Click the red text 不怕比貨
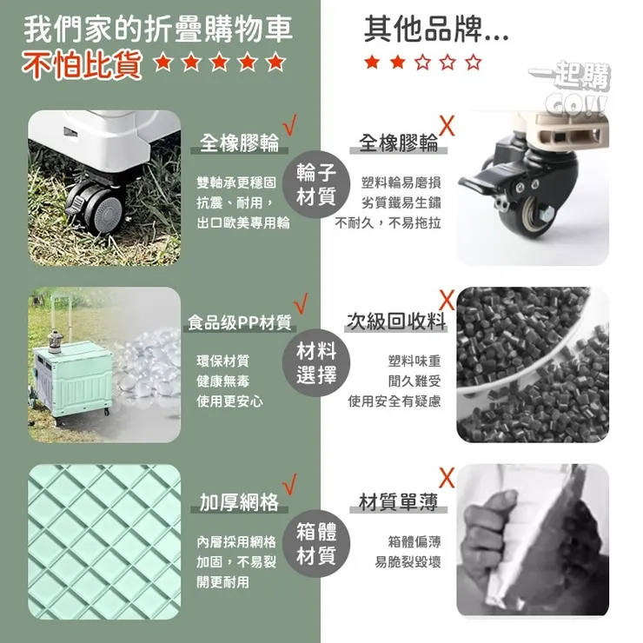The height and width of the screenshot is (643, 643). (x=82, y=65)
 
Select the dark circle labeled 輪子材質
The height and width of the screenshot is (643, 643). (x=315, y=183)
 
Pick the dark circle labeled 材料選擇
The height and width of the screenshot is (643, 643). (x=315, y=362)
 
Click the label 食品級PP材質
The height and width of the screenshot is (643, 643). (x=240, y=323)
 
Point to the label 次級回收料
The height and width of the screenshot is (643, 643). (x=396, y=322)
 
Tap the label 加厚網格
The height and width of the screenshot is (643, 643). (x=239, y=501)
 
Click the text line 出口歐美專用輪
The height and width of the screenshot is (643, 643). (x=242, y=222)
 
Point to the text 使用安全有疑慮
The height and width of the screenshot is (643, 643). (x=394, y=401)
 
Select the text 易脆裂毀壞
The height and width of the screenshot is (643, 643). (x=408, y=562)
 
